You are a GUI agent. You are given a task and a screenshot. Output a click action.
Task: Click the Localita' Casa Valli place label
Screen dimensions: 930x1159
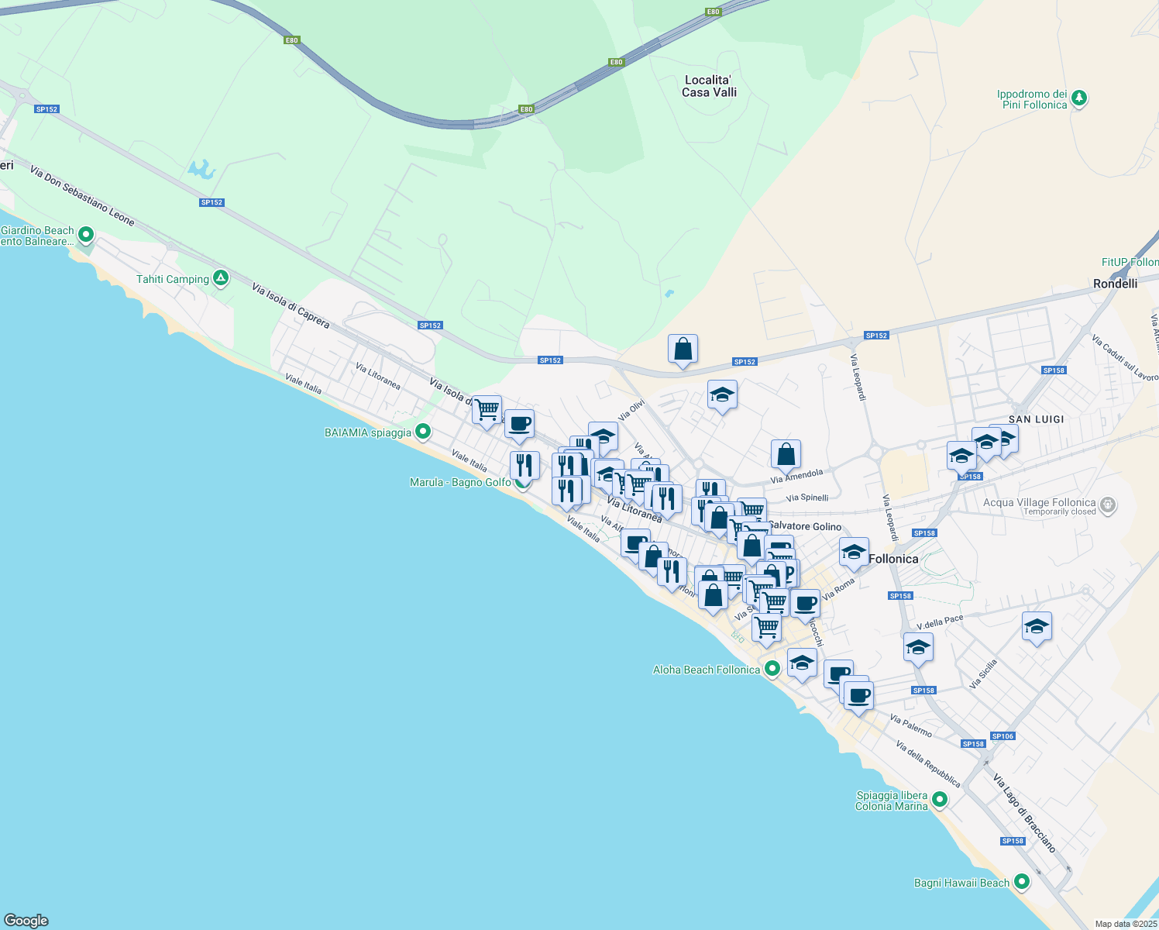pyautogui.click(x=709, y=86)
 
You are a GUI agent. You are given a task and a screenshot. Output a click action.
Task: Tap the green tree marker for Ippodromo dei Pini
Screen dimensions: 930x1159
pyautogui.click(x=1079, y=98)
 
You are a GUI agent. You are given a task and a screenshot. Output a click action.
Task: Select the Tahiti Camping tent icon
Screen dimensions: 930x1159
pyautogui.click(x=221, y=278)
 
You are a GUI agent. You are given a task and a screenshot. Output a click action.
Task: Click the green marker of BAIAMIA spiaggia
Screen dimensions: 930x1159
pyautogui.click(x=423, y=432)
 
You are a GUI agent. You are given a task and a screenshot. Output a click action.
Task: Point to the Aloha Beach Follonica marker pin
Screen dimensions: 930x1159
pyautogui.click(x=772, y=669)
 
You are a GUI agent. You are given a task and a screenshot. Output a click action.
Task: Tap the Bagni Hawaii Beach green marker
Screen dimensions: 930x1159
pyautogui.click(x=1022, y=882)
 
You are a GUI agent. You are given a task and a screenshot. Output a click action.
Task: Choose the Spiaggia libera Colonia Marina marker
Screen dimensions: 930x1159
pyautogui.click(x=940, y=799)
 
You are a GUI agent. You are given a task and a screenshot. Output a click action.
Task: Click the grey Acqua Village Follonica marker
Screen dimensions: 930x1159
pyautogui.click(x=1108, y=505)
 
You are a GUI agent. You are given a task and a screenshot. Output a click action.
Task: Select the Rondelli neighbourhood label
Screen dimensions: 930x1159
pyautogui.click(x=1115, y=284)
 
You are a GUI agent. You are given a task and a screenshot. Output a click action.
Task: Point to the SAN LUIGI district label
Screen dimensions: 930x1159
pyautogui.click(x=1036, y=419)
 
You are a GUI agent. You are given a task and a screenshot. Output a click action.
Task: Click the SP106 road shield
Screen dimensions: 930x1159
pyautogui.click(x=1002, y=736)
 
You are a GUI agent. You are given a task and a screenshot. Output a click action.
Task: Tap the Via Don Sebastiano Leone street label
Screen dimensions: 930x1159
pyautogui.click(x=82, y=195)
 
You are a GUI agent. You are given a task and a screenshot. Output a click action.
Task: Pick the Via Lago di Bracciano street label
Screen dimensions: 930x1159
pyautogui.click(x=1024, y=813)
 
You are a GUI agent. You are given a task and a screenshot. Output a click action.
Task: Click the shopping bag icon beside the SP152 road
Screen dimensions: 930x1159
pyautogui.click(x=683, y=350)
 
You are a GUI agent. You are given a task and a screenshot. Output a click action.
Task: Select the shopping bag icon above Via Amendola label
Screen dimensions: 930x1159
pyautogui.click(x=786, y=455)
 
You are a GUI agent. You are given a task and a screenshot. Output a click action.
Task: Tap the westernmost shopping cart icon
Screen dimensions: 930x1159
pyautogui.click(x=487, y=409)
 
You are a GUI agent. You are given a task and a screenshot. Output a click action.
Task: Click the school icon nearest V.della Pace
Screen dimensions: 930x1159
pyautogui.click(x=918, y=648)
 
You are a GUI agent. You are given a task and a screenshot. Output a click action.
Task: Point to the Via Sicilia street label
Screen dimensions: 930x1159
pyautogui.click(x=983, y=674)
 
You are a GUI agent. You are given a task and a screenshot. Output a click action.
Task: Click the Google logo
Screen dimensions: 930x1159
pyautogui.click(x=26, y=920)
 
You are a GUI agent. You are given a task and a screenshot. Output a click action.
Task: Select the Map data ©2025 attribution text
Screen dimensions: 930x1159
pyautogui.click(x=1125, y=924)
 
